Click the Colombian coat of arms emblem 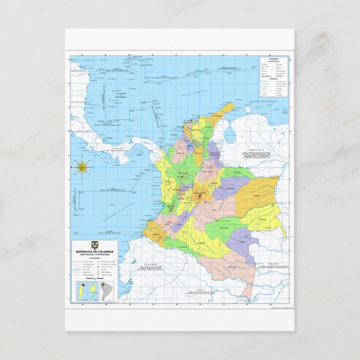[93, 245]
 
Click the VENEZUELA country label [249, 150]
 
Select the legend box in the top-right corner [275, 76]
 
